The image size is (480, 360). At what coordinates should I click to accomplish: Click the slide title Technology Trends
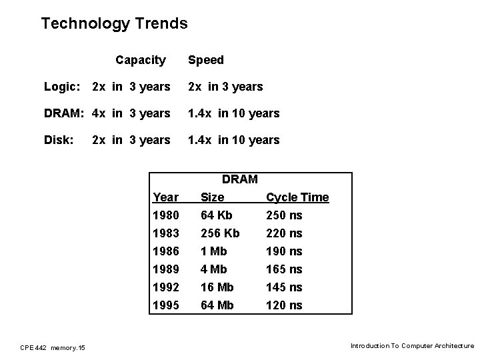114,24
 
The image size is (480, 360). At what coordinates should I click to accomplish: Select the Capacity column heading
140,60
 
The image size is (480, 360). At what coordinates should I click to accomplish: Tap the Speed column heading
205,60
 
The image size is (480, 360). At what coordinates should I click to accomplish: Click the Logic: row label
62,87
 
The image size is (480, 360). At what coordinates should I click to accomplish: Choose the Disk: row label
59,140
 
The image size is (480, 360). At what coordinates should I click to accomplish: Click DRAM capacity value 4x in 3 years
131,113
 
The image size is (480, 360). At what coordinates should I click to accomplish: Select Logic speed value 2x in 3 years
225,87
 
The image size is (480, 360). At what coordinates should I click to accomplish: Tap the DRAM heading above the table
239,179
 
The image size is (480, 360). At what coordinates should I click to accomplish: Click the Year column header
165,197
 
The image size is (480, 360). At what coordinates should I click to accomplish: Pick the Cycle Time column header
297,197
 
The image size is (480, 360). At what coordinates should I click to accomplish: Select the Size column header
213,197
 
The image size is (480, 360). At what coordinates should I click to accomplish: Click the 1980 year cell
166,215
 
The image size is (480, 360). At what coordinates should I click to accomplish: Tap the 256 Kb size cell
220,233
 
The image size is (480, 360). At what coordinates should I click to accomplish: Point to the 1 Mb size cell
213,251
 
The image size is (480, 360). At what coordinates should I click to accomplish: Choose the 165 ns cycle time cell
284,269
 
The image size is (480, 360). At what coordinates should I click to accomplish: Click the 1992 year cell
166,287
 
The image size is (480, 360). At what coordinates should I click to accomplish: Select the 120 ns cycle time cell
284,305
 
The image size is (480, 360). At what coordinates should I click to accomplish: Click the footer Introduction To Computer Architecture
412,346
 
